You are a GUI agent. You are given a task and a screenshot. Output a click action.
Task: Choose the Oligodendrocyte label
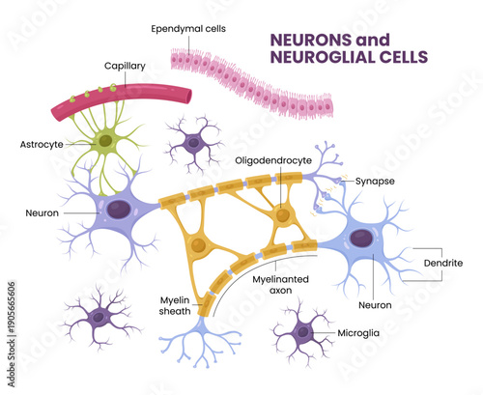tap(278, 161)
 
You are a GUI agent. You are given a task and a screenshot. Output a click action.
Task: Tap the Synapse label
tap(372, 180)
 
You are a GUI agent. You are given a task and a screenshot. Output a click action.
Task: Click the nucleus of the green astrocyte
tap(103, 141)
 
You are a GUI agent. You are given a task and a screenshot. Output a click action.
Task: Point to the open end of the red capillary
tap(189, 95)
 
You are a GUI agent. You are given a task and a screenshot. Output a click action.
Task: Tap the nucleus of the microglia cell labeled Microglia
tap(302, 331)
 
